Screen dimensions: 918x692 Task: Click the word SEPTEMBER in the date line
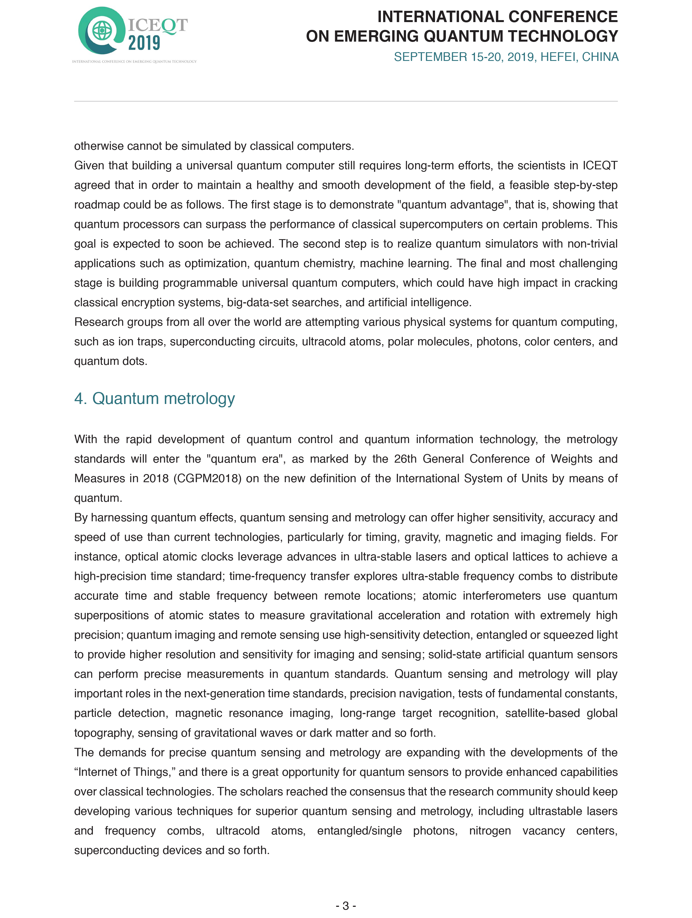coord(430,57)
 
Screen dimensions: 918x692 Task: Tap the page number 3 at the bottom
coord(346,905)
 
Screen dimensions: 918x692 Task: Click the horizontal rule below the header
coord(346,101)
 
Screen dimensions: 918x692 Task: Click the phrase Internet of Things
coord(123,772)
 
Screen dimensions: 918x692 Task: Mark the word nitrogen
coord(490,831)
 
